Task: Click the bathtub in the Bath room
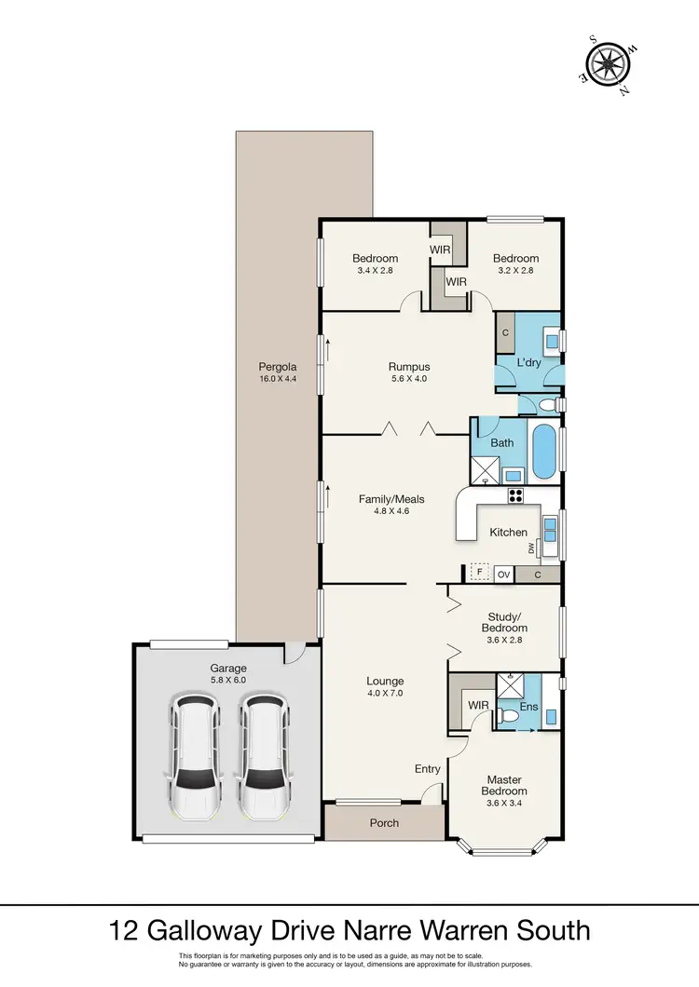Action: tap(543, 452)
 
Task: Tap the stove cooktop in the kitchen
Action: tap(515, 495)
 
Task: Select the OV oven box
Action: tap(504, 575)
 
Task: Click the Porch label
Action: tap(384, 823)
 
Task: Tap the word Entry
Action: tap(428, 769)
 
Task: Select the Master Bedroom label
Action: tap(504, 785)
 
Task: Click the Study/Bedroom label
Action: tap(508, 621)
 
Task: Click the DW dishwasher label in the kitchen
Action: tap(531, 550)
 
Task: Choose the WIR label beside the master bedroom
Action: tap(479, 705)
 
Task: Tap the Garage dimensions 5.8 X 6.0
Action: tap(227, 681)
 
